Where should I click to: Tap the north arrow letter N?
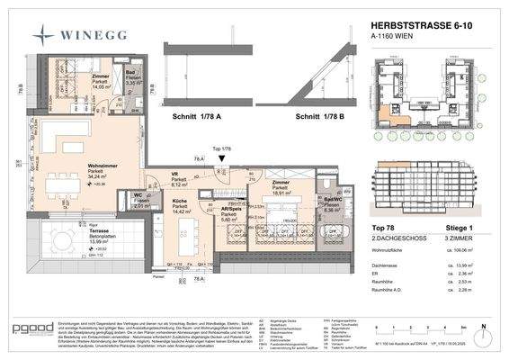484,325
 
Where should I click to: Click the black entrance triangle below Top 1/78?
222,158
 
